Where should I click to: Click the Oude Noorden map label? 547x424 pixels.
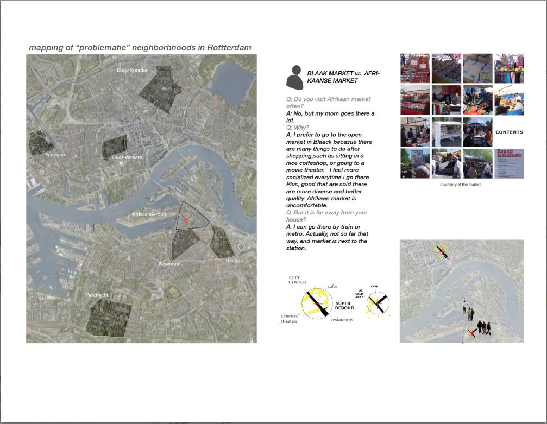point(133,70)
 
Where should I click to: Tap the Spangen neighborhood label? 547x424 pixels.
point(55,155)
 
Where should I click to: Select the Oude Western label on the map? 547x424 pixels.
point(127,157)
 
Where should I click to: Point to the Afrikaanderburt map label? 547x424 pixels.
point(149,214)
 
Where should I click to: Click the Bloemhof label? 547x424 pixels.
point(168,264)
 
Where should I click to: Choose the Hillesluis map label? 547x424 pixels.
point(235,261)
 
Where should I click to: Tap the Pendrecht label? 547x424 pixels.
point(97,295)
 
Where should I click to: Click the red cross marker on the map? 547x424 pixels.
point(186,219)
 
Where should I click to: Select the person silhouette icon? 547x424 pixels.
point(294,78)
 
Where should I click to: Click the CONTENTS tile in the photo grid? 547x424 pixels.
point(509,132)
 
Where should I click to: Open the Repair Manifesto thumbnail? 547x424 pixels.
point(509,163)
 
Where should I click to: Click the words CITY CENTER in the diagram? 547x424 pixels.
point(297,280)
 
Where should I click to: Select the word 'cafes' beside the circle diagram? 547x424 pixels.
point(333,286)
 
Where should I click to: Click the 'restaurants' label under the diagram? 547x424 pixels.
point(342,320)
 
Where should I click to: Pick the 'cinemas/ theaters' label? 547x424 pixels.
point(290,319)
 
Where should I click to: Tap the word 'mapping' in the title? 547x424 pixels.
point(46,48)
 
